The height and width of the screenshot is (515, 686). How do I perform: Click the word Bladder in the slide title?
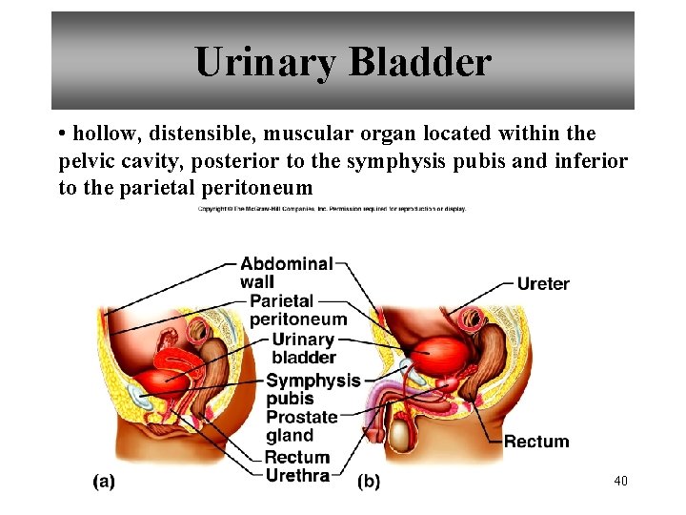coord(419,63)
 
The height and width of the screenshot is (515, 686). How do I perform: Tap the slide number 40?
coord(621,481)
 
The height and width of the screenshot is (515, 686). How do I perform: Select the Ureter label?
coord(542,283)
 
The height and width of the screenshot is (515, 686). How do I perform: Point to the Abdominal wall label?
coord(286,272)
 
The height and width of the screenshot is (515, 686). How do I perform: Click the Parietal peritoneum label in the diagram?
coord(297,310)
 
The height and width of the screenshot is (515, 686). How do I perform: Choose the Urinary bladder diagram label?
coord(304,348)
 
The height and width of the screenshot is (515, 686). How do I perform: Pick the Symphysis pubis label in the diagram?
coord(313,389)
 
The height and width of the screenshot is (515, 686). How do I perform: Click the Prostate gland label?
coord(301,426)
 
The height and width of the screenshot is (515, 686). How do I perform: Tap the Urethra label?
coord(297,475)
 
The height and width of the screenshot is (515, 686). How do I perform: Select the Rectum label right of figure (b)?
coord(535,442)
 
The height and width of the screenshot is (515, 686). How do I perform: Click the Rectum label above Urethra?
coord(296,458)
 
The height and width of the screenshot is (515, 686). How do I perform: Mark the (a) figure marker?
coord(104,482)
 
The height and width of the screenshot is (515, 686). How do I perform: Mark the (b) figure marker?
coord(368,482)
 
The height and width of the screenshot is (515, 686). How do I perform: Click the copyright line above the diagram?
coord(332,208)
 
